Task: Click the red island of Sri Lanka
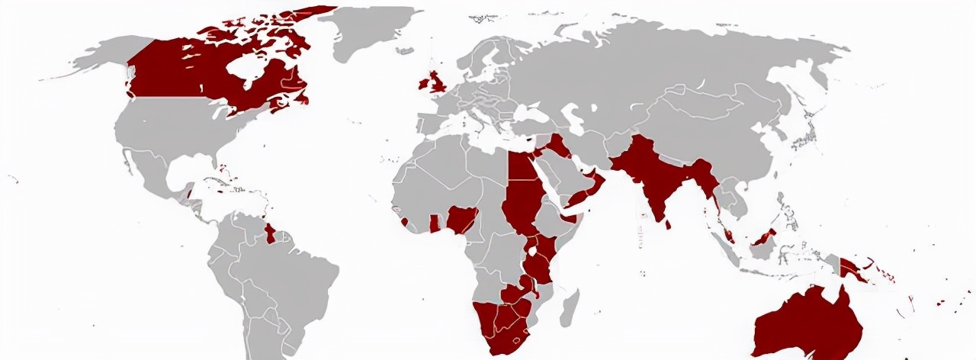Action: click(x=669, y=223)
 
